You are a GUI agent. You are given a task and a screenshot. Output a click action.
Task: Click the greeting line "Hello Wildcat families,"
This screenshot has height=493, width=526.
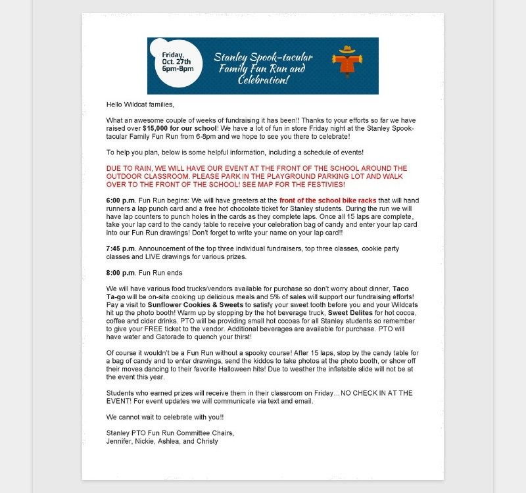(141, 105)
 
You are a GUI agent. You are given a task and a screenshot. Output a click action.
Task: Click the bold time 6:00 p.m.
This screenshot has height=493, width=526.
(121, 200)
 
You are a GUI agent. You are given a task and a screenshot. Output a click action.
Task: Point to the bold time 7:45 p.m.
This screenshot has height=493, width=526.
(121, 248)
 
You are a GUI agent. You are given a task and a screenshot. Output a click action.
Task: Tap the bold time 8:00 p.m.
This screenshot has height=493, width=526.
(121, 272)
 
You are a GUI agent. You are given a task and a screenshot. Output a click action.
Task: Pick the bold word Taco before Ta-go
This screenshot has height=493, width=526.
(401, 289)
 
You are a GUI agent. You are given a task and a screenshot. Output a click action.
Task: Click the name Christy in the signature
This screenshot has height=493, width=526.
(204, 441)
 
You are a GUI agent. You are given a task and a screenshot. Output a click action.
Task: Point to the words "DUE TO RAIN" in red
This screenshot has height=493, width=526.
(128, 168)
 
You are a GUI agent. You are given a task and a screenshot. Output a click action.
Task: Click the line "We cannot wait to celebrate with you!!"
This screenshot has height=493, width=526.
(166, 417)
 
